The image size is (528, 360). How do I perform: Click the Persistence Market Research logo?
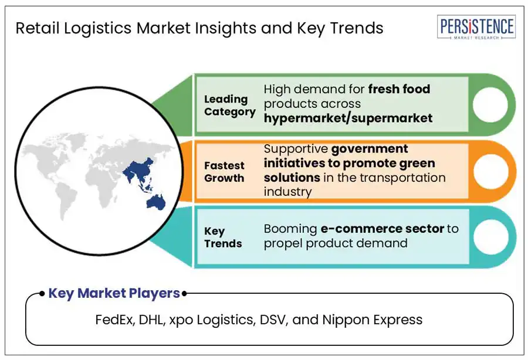click(x=476, y=27)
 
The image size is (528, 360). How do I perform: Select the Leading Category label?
click(x=229, y=106)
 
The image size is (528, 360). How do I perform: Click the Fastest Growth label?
click(x=224, y=172)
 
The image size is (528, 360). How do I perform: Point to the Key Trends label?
click(x=223, y=237)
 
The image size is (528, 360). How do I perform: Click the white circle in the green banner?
click(x=490, y=104)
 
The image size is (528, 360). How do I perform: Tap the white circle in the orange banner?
click(x=490, y=171)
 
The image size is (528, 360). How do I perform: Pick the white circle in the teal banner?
click(x=490, y=236)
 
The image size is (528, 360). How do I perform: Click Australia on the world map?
click(x=155, y=202)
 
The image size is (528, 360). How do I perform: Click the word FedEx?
click(x=115, y=320)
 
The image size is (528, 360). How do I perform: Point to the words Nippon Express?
click(x=372, y=320)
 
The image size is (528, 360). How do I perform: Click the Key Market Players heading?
click(x=114, y=293)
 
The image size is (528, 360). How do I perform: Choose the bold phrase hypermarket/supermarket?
click(x=348, y=118)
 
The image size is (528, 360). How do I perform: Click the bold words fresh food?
click(x=399, y=89)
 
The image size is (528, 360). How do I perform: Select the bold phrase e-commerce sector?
click(x=382, y=229)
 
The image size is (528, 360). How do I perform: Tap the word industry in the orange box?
click(x=287, y=192)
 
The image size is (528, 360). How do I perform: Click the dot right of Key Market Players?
click(x=184, y=294)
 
